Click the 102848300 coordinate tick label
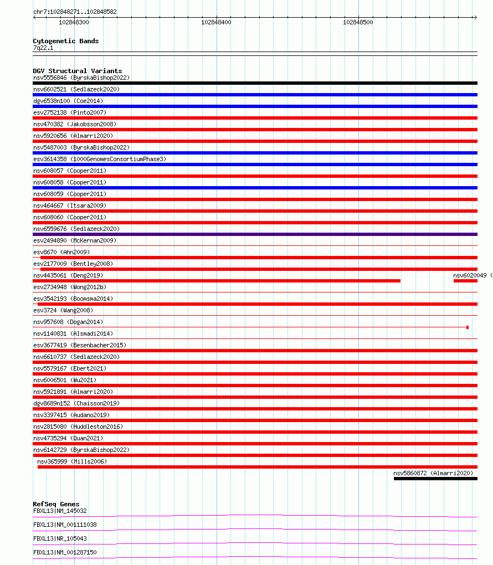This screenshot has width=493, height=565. [74, 22]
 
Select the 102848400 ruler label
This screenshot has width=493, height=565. [217, 22]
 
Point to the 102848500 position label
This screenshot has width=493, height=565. [358, 22]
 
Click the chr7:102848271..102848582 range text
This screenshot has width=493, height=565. [75, 12]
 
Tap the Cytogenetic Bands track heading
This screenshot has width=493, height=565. [66, 41]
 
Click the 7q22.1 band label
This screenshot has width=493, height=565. [43, 48]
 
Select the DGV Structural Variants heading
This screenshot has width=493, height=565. [78, 71]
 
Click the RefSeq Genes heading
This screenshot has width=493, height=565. [56, 504]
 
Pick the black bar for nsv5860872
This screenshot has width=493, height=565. [435, 479]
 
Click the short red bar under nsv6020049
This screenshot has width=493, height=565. [465, 281]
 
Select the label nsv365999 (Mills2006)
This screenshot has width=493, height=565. [72, 461]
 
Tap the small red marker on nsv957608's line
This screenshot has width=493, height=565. [468, 327]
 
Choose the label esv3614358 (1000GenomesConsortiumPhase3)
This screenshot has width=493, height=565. [100, 159]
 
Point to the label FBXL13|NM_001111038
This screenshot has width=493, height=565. [65, 525]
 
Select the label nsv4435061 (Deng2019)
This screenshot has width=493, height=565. [68, 275]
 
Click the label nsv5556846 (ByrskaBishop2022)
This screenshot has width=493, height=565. [81, 78]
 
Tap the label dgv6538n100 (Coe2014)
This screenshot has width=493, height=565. [68, 101]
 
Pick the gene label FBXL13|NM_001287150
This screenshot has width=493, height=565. [65, 552]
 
